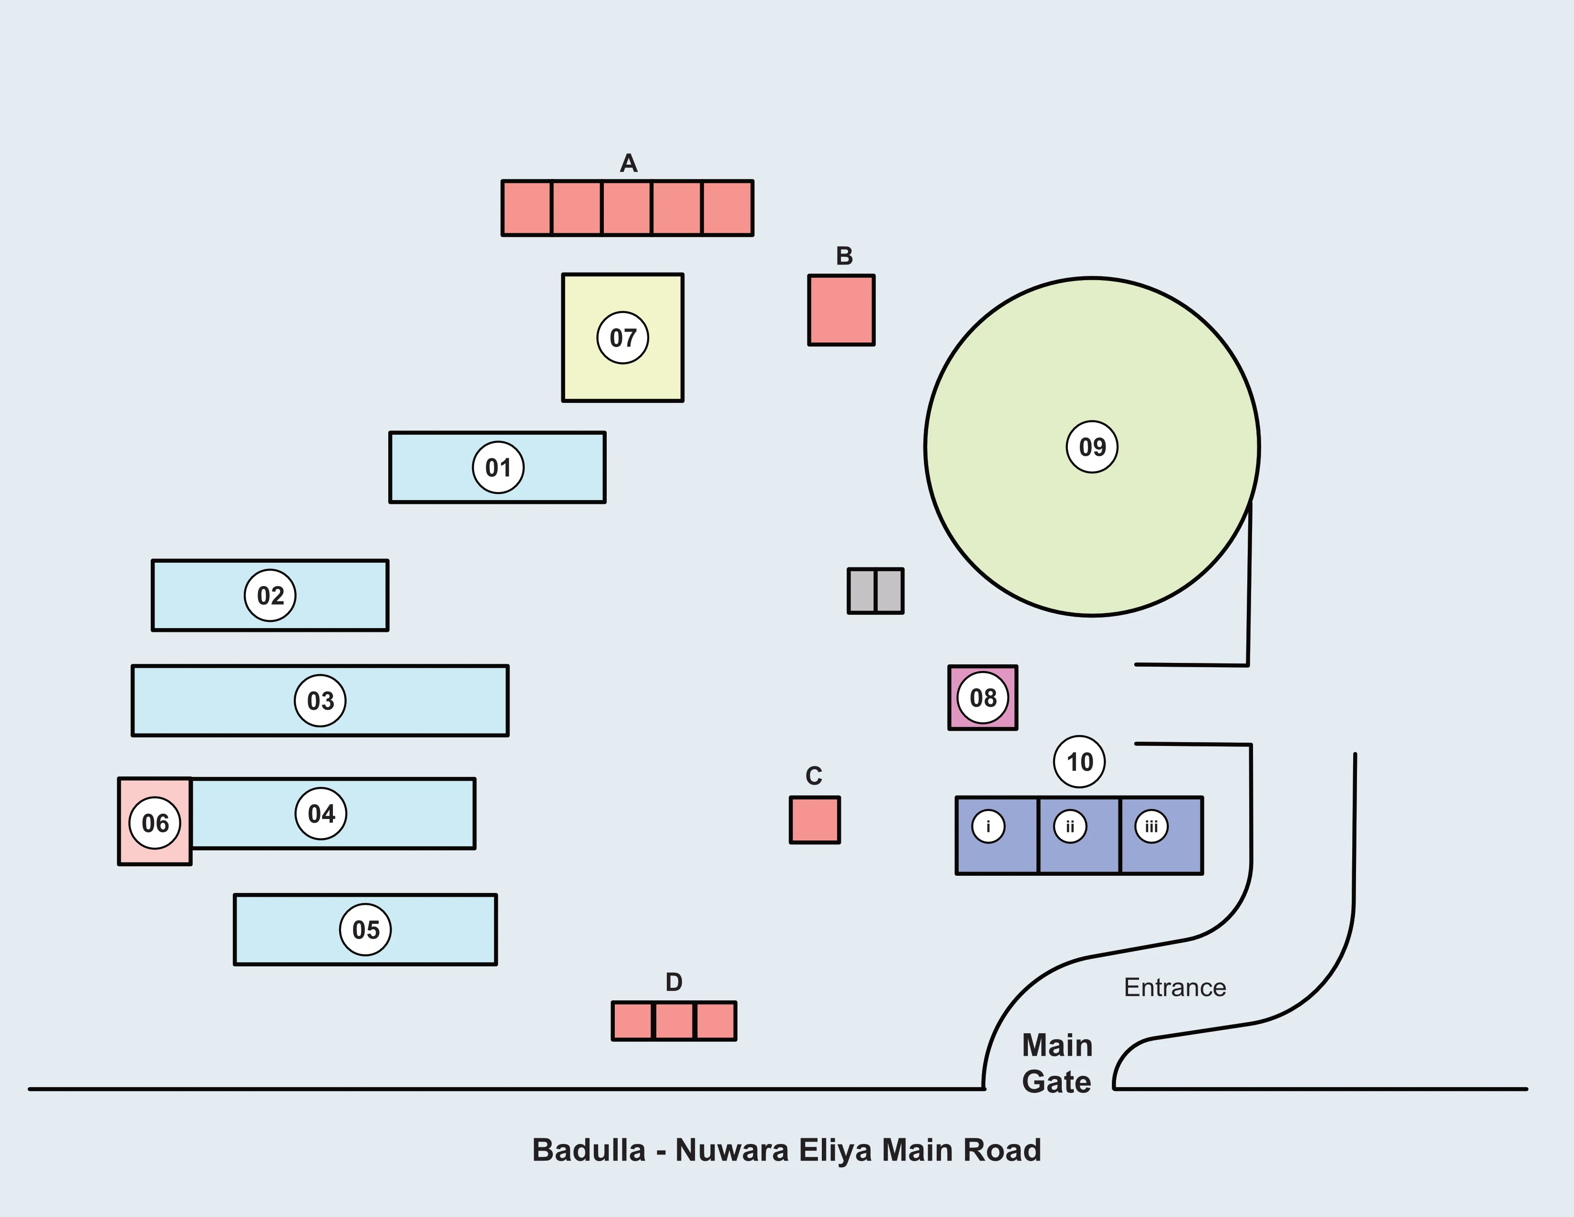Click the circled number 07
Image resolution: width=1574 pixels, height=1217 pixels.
622,337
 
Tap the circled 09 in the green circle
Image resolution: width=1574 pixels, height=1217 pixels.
1092,447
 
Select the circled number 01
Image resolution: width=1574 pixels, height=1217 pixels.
498,467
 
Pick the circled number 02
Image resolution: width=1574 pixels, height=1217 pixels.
270,596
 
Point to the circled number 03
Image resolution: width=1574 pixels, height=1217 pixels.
320,701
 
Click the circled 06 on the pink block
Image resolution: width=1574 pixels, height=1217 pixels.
155,823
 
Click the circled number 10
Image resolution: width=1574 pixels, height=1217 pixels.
1079,761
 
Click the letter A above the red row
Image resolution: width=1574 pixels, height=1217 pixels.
629,164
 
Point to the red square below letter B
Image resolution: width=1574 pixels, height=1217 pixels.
841,310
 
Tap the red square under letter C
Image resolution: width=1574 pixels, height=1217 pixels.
814,820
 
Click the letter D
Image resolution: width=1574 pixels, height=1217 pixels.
674,982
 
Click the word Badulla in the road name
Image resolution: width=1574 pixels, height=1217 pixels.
588,1151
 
